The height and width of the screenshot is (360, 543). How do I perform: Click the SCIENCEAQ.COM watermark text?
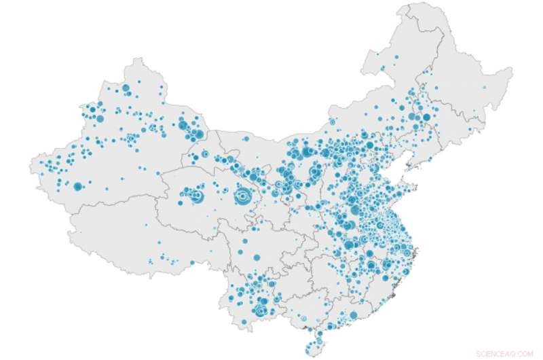click(x=505, y=353)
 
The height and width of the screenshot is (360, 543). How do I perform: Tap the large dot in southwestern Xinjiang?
click(x=78, y=186)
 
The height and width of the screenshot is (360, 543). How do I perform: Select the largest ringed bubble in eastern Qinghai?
click(x=240, y=197)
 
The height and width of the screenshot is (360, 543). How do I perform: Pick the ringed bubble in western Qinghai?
click(x=197, y=198)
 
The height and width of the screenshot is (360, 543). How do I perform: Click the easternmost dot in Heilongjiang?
click(x=484, y=87)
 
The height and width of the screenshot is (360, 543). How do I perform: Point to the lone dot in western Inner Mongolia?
click(x=246, y=139)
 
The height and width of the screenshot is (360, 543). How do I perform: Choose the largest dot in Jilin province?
click(x=426, y=117)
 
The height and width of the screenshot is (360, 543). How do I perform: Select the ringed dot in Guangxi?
click(x=303, y=318)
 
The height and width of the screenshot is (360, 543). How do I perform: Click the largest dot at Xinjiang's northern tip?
click(x=125, y=88)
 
